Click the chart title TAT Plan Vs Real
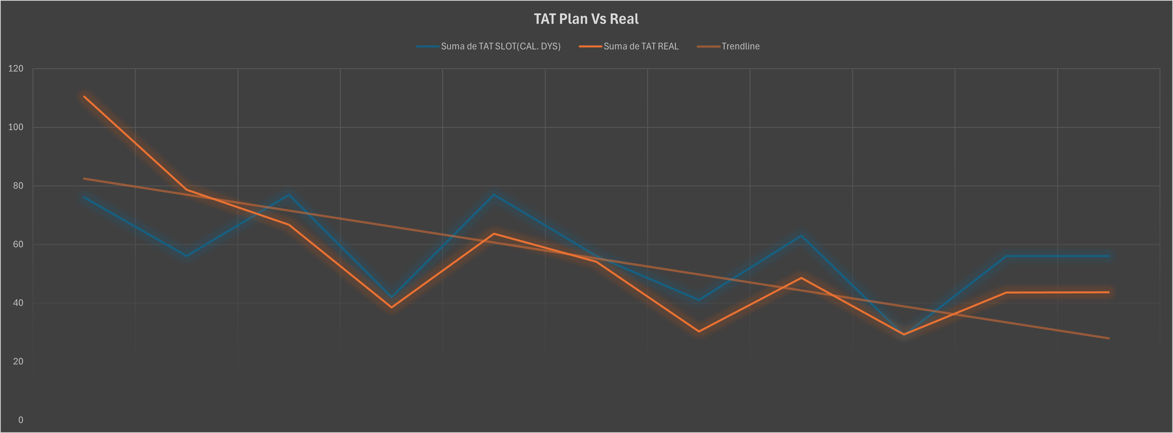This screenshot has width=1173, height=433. [x=586, y=19]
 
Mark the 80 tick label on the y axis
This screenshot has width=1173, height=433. [x=18, y=185]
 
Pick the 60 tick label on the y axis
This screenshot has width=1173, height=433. [x=18, y=244]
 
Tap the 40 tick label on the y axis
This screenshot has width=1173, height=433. [x=18, y=303]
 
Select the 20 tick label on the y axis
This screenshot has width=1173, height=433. [x=18, y=361]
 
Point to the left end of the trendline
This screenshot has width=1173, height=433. [x=84, y=179]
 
